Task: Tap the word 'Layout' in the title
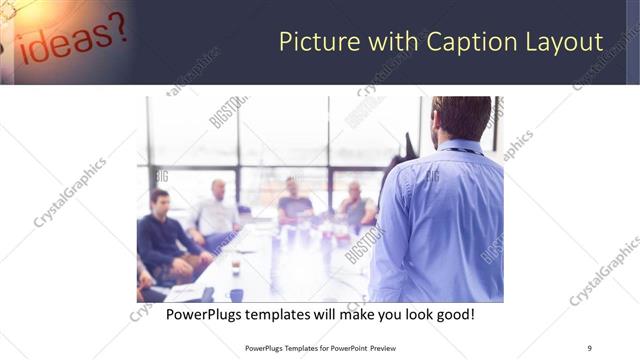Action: [x=564, y=43]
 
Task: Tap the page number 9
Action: [x=589, y=347]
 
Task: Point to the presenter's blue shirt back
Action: [x=440, y=220]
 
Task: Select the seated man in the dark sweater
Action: [x=162, y=235]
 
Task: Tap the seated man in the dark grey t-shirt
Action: [x=295, y=200]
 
